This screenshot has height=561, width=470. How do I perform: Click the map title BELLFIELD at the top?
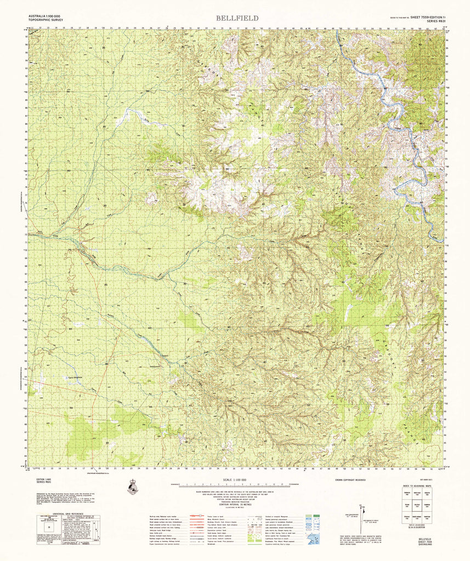point(237,18)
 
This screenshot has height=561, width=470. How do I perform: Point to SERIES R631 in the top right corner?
point(430,21)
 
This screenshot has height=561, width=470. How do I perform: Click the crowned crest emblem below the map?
point(132,486)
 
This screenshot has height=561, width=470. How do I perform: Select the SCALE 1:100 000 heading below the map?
point(237,480)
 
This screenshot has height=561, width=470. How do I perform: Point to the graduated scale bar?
point(237,485)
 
